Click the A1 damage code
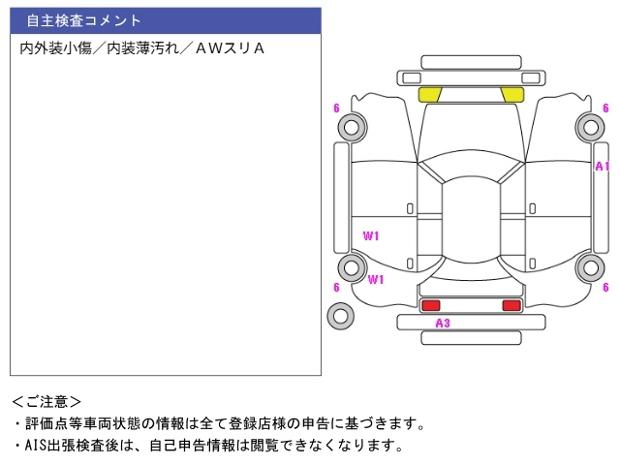602,167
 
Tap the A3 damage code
442,323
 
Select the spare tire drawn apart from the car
340,315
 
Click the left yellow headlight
429,94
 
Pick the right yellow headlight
511,94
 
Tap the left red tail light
430,305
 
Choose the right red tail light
511,305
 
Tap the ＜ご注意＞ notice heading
46,401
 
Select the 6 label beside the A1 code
605,108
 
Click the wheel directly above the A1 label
590,126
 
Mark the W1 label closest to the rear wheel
376,279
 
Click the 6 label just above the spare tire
336,288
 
